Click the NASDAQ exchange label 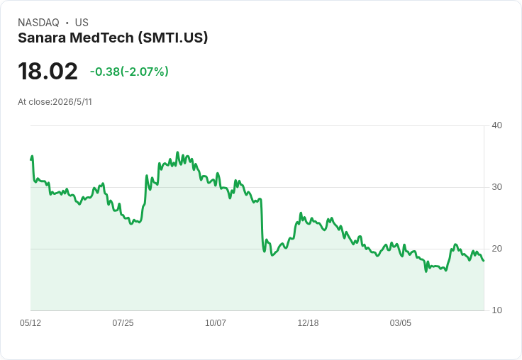[x=38, y=23]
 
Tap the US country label [x=82, y=23]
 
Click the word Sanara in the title [x=42, y=38]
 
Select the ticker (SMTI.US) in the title [x=173, y=38]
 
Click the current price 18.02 [x=48, y=71]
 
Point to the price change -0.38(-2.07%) [x=129, y=72]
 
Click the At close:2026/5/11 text [x=55, y=102]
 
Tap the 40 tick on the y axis [x=496, y=125]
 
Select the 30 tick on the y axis [x=496, y=187]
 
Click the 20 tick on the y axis [x=496, y=249]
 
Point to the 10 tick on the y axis [x=496, y=310]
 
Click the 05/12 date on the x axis [x=30, y=322]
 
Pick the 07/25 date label [x=123, y=322]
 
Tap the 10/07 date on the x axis [x=216, y=322]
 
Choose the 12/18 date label [x=308, y=322]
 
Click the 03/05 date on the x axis [x=401, y=322]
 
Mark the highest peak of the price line [x=177, y=152]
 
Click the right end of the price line [x=484, y=261]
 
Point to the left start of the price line [x=31, y=159]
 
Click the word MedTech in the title [x=101, y=38]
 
